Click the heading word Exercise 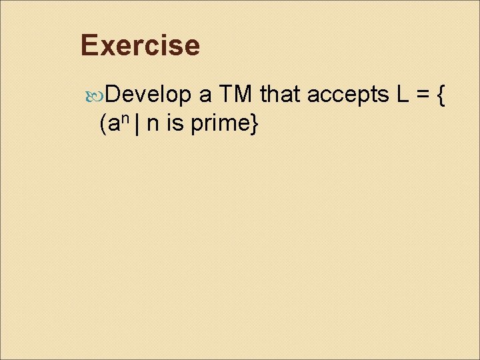point(139,45)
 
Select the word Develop point(147,96)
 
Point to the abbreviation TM point(236,96)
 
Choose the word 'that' point(281,96)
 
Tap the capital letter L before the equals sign point(403,96)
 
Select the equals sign point(423,96)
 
